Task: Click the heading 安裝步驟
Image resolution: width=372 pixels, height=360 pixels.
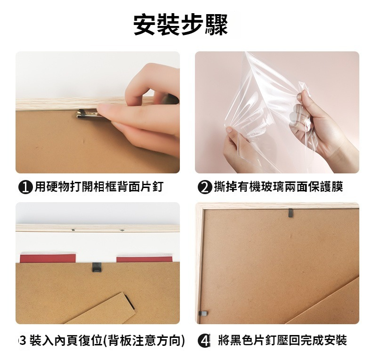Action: [x=180, y=25]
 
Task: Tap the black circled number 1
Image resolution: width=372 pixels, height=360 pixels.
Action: [x=25, y=188]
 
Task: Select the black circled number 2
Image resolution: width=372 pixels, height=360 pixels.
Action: [x=204, y=188]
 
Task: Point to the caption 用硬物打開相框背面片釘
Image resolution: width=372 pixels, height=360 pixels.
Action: [x=99, y=187]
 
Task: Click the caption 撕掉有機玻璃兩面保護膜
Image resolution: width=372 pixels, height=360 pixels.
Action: [x=278, y=187]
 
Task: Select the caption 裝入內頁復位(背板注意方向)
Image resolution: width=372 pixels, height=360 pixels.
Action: [x=107, y=341]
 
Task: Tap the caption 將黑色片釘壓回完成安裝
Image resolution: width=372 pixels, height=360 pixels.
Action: [x=283, y=341]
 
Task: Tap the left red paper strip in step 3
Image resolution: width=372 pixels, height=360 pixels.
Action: [x=48, y=258]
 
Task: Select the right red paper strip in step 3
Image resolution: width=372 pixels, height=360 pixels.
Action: [x=144, y=259]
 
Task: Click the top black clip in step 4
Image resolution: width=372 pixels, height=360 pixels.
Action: [x=291, y=213]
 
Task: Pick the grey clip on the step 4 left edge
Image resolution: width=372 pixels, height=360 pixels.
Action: [x=203, y=313]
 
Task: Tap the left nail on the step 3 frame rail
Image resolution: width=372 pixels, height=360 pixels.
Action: [x=73, y=230]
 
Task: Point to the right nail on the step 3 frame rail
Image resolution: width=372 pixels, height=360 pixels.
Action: [x=122, y=230]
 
